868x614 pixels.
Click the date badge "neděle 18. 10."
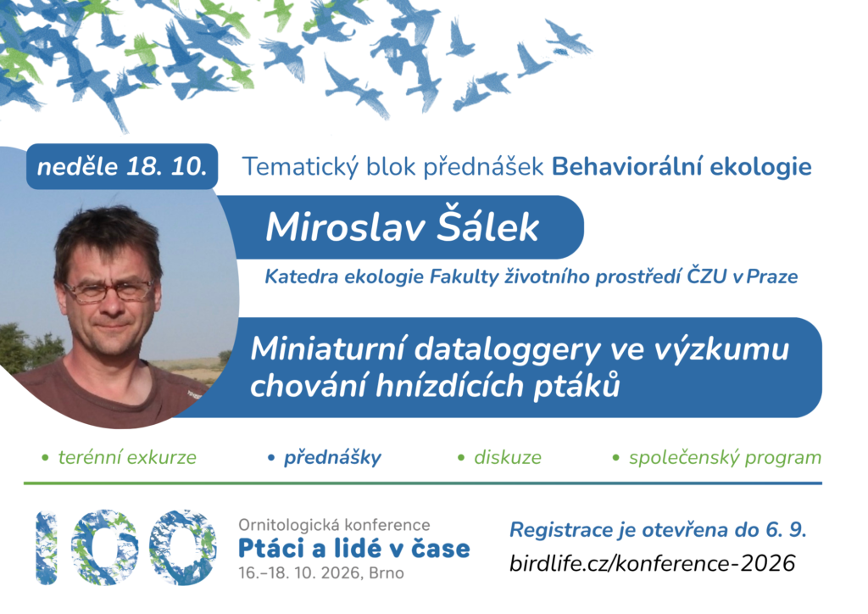coord(122,166)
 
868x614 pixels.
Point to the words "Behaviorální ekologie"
coord(682,167)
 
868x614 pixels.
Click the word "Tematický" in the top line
coord(301,167)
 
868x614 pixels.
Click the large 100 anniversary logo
coord(125,547)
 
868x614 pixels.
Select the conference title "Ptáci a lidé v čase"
coord(353,548)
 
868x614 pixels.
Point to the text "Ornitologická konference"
coord(334,524)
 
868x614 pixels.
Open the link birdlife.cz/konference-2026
coord(652,563)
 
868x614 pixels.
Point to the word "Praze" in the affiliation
coord(771,276)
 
